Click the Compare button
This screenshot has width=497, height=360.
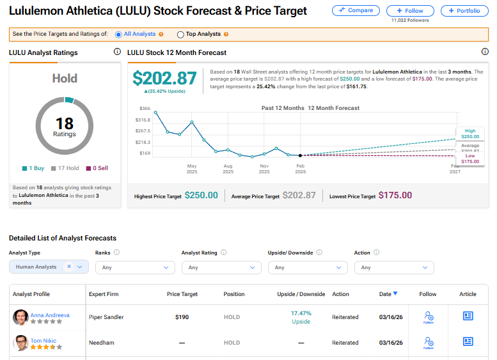(x=356, y=10)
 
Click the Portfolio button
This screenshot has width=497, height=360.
(x=465, y=10)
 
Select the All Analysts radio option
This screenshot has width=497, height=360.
(x=118, y=34)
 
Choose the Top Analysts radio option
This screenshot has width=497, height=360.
(x=180, y=34)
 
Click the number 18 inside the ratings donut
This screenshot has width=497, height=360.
(x=65, y=123)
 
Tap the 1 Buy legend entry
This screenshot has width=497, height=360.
(x=33, y=168)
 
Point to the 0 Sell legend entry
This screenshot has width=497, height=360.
(x=97, y=168)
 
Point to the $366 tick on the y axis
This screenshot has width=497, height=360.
(x=144, y=109)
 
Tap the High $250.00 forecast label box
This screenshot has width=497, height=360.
(x=469, y=134)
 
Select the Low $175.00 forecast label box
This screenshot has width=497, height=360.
(x=469, y=159)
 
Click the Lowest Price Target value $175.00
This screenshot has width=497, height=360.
(x=395, y=195)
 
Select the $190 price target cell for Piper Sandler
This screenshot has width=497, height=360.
(x=182, y=317)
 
